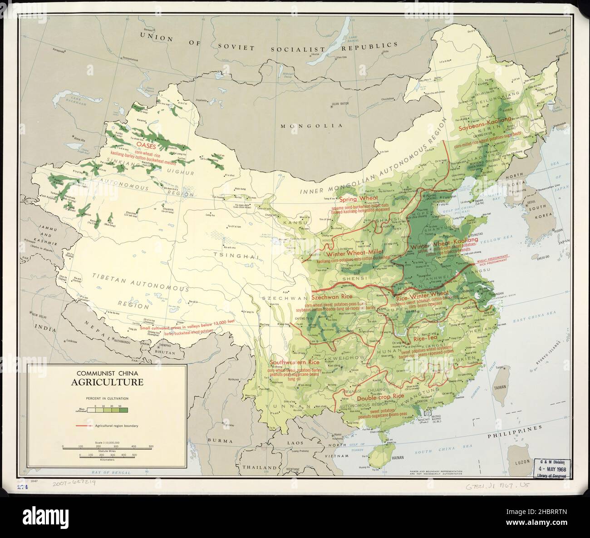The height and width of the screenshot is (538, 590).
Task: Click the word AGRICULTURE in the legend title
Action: tap(107, 382)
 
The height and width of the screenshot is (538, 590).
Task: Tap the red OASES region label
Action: tap(147, 147)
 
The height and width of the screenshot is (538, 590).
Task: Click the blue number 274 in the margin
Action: tap(21, 487)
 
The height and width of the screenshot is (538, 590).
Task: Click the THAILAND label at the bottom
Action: tap(260, 467)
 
